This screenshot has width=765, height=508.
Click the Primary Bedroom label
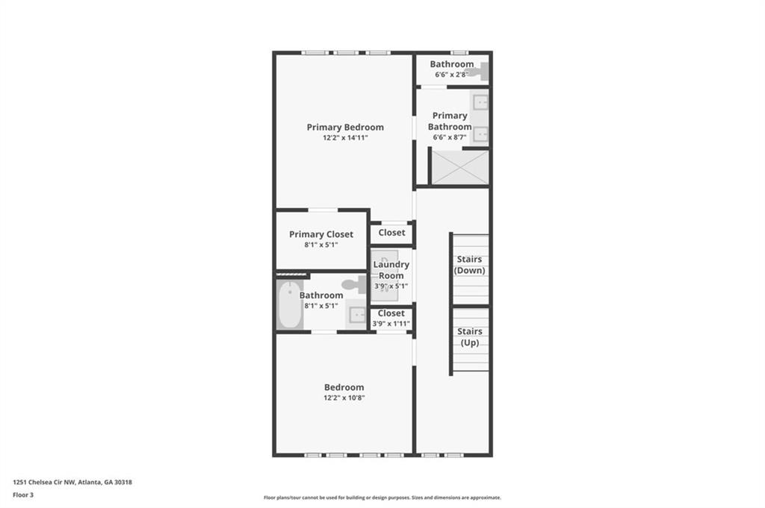(345, 127)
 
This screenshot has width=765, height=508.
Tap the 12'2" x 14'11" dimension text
(345, 138)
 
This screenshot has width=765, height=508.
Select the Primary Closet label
(321, 234)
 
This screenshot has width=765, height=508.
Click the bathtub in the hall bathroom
(289, 304)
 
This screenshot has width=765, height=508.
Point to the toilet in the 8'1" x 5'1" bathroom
(355, 284)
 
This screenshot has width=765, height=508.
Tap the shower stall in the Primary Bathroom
(460, 168)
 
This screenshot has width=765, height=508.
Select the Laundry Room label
(391, 270)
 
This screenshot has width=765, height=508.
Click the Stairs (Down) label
(469, 265)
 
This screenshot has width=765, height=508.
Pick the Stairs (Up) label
(469, 336)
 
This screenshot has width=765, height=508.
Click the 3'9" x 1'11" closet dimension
(391, 324)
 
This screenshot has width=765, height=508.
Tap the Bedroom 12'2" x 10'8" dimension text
(344, 398)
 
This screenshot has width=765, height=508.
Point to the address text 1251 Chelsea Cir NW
(44, 482)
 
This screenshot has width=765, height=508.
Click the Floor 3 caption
(23, 495)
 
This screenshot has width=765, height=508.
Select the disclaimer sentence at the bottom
(382, 498)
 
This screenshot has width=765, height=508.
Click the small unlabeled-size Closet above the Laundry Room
(391, 233)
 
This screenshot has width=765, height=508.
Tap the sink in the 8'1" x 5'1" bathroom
(358, 315)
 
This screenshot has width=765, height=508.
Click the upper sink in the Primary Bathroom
(480, 103)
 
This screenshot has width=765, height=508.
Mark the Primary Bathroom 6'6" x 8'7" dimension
(450, 137)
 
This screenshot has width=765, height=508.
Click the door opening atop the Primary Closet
(323, 210)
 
